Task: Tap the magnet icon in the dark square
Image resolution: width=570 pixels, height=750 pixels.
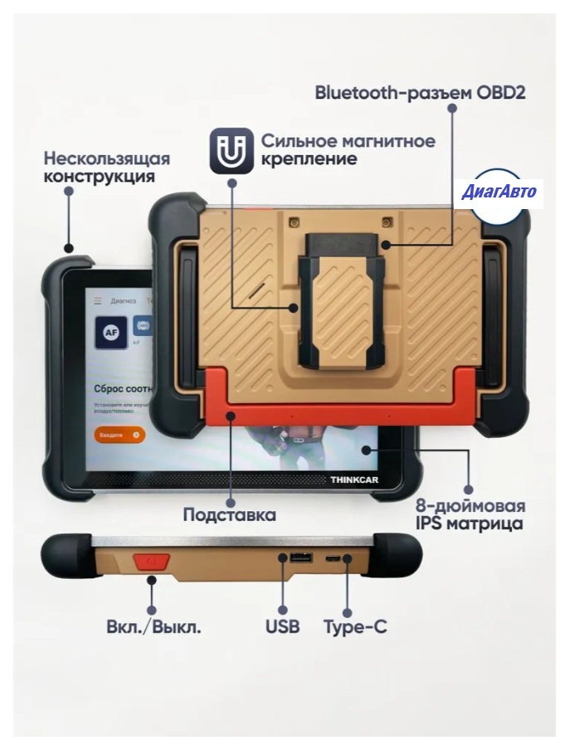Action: (231, 149)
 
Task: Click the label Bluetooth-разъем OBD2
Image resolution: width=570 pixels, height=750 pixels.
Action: (420, 92)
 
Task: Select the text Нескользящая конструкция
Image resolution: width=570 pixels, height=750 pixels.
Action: (107, 168)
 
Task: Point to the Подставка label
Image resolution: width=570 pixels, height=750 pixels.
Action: (229, 514)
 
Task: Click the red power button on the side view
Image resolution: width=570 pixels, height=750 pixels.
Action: (151, 562)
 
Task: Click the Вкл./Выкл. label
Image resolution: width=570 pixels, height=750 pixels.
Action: (154, 626)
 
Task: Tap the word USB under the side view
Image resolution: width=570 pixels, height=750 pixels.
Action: (282, 626)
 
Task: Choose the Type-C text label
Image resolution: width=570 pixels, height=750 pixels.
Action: (355, 626)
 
